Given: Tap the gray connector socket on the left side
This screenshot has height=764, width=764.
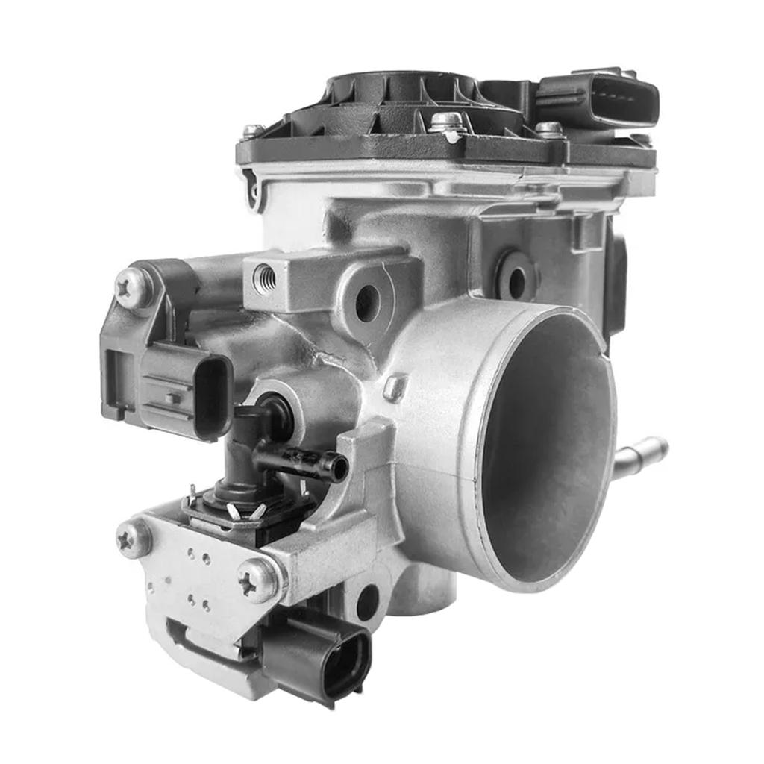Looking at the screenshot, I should (187, 392).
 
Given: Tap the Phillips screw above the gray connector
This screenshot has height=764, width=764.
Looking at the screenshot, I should (134, 286).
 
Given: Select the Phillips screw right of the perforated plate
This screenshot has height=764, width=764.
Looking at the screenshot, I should (258, 579).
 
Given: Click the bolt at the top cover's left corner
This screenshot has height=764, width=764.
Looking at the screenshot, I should (253, 132).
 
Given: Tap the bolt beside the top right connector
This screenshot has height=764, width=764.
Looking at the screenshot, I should (549, 129).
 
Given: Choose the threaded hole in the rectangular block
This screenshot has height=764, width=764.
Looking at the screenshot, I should (265, 279).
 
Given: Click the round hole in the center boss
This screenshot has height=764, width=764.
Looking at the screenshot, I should (367, 302).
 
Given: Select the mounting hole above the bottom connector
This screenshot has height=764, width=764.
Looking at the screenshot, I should (368, 602).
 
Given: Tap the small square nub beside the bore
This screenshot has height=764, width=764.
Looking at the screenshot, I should (395, 387).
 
